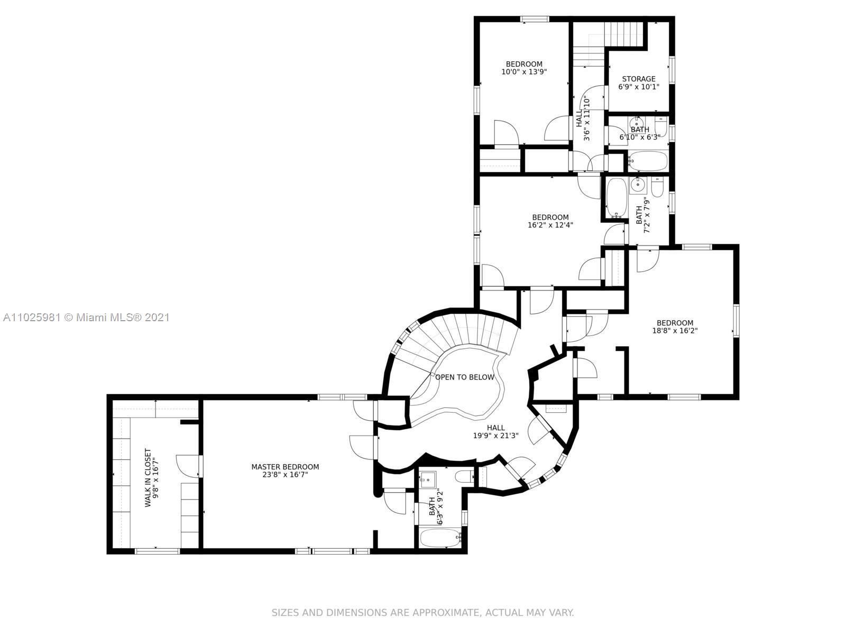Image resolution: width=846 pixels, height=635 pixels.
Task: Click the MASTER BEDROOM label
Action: point(285,467)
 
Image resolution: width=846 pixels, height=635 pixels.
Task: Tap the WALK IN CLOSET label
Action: point(148,477)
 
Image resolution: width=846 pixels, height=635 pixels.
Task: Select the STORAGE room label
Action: point(639,79)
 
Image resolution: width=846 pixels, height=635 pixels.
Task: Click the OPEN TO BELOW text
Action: point(464,377)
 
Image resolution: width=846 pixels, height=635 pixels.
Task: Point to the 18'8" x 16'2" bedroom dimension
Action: point(675,330)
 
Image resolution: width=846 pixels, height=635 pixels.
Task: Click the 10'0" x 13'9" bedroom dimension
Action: point(524,72)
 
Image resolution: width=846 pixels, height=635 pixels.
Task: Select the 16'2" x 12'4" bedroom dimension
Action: point(550,225)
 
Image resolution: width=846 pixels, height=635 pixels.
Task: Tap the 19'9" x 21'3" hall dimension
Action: point(495,436)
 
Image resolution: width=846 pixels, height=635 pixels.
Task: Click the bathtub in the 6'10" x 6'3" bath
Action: point(648,161)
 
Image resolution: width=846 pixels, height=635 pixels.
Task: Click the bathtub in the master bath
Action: point(440,538)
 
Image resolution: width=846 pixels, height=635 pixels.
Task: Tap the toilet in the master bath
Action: point(464,477)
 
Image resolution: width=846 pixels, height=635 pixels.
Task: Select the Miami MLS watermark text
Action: point(86,317)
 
